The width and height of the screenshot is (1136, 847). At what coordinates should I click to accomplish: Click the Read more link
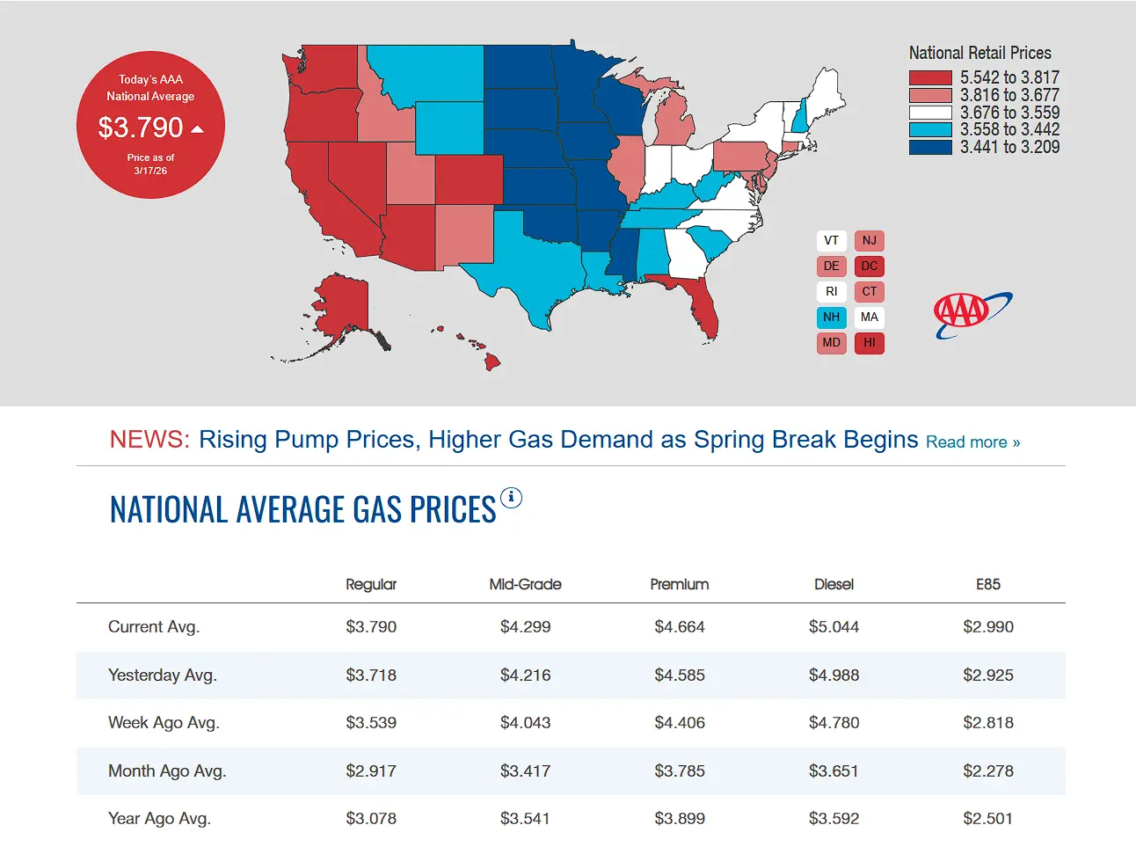point(972,442)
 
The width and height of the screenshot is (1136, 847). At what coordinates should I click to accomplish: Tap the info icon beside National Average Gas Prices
point(511,498)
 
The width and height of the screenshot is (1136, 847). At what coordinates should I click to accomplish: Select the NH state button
point(831,318)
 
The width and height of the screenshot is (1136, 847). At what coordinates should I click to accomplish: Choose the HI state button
point(869,343)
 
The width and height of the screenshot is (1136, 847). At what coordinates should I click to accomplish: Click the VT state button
point(831,241)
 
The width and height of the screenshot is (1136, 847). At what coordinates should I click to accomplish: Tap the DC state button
point(869,267)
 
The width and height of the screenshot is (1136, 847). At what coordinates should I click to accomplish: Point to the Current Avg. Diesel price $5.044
point(834,627)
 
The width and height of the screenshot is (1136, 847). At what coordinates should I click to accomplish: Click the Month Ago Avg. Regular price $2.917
point(371,771)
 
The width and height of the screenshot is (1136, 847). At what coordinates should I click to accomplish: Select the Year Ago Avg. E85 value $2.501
point(987,819)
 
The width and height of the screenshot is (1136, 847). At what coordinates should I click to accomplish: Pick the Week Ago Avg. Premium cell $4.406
point(680,723)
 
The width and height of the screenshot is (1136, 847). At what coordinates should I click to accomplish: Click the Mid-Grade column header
point(525,585)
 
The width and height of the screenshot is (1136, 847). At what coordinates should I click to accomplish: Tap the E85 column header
point(987,585)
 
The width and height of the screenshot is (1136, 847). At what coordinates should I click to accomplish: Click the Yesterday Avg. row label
point(163,675)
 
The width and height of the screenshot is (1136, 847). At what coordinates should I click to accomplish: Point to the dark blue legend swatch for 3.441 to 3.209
point(930,148)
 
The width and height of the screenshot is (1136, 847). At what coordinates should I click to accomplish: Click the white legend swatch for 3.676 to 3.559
point(930,113)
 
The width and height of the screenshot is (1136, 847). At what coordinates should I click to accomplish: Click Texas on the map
point(528,264)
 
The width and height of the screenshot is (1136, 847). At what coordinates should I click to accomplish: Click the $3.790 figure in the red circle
point(141,128)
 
